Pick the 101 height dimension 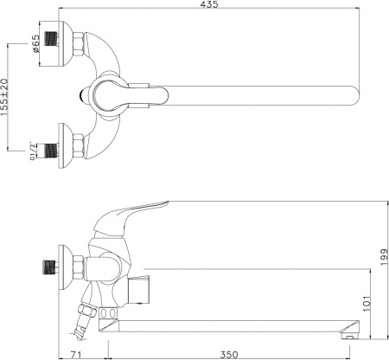[366, 303]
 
